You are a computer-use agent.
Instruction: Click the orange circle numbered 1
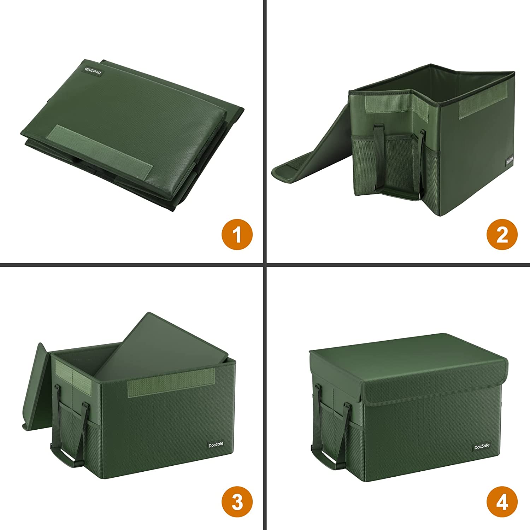(237, 235)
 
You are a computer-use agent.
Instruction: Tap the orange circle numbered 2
(502, 235)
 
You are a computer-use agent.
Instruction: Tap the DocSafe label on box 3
(215, 445)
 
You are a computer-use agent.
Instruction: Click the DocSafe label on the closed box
(482, 447)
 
